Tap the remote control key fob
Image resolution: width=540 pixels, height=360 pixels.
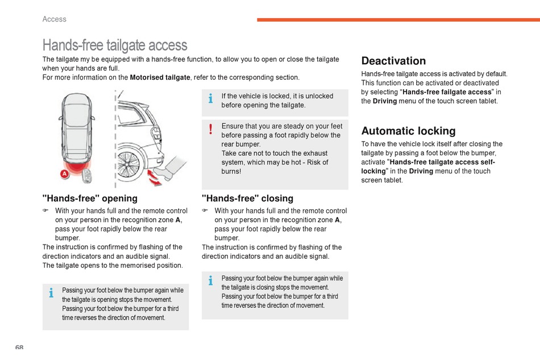click(88, 176)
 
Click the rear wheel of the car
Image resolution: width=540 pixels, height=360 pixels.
click(128, 163)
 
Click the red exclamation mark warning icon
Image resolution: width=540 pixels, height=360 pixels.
click(211, 129)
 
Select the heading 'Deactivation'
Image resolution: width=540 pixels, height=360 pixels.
click(393, 61)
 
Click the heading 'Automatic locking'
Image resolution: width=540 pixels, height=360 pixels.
click(408, 131)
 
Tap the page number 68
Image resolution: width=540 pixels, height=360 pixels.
click(19, 347)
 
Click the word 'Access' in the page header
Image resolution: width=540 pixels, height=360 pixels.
click(55, 19)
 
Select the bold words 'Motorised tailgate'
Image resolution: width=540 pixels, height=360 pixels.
click(160, 77)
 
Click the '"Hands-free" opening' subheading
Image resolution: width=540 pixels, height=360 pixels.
click(90, 198)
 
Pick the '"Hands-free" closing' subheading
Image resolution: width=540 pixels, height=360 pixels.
click(248, 198)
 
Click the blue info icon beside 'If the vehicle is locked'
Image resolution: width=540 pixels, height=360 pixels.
click(211, 99)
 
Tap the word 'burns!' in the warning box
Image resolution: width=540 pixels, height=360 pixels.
click(231, 171)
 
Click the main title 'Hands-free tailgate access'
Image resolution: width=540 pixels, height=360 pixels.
click(115, 45)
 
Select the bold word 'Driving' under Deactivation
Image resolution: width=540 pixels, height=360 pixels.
click(385, 101)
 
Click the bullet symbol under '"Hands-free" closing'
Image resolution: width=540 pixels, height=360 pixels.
click(205, 210)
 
